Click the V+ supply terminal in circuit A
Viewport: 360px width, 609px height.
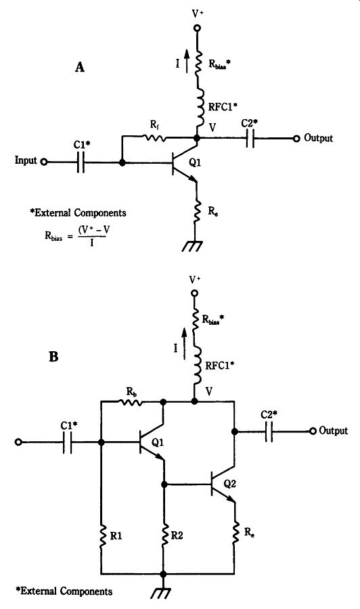pos(197,28)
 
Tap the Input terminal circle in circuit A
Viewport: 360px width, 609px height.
pos(44,162)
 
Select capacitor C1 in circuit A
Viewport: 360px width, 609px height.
pos(81,162)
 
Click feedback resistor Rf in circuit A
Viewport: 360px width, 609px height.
pos(154,137)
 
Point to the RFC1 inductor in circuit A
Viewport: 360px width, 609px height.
pos(198,109)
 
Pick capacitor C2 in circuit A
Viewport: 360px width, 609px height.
pos(250,138)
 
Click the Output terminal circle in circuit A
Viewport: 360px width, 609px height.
pos(296,138)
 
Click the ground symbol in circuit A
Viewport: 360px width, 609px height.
pos(194,246)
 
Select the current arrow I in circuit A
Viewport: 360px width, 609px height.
pos(187,62)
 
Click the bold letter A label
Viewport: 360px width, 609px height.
pos(80,67)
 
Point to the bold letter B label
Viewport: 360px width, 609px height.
pos(53,357)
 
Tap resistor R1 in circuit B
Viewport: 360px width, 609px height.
pos(102,536)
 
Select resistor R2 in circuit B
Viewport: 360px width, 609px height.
pos(164,535)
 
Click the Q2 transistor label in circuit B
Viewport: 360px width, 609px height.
pos(230,484)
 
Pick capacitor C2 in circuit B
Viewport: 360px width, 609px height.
pos(269,431)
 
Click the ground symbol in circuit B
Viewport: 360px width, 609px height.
pos(162,593)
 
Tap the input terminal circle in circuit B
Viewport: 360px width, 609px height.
pos(18,442)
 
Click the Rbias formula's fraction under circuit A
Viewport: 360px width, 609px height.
pos(93,235)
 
